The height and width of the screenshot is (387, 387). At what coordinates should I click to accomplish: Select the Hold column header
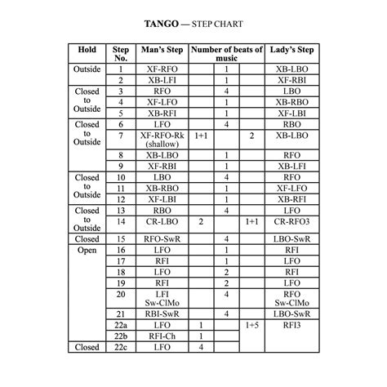(87, 50)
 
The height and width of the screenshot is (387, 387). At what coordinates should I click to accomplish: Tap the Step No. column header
(121, 55)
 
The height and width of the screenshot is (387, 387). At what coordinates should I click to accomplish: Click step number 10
(121, 176)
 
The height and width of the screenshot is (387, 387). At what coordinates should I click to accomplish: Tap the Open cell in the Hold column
(87, 250)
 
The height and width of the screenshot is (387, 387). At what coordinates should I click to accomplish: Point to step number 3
(121, 91)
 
